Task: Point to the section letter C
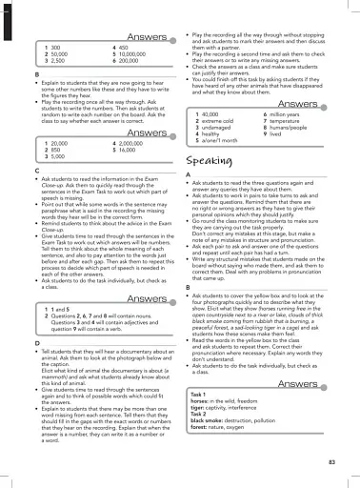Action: pos(36,168)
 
